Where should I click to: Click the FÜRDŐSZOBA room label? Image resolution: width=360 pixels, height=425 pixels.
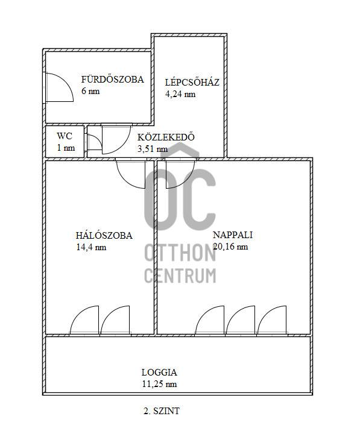pyautogui.click(x=113, y=80)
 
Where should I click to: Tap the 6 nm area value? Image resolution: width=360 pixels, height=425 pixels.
pyautogui.click(x=90, y=91)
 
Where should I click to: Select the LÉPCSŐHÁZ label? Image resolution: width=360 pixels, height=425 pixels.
pyautogui.click(x=192, y=82)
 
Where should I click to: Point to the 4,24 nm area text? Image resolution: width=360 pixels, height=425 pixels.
pyautogui.click(x=180, y=94)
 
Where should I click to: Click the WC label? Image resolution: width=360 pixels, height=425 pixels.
pyautogui.click(x=65, y=136)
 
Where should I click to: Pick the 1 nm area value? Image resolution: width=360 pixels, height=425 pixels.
pyautogui.click(x=66, y=148)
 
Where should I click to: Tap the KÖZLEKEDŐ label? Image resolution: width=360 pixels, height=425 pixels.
pyautogui.click(x=166, y=137)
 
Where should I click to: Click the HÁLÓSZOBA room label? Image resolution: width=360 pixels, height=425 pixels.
pyautogui.click(x=104, y=235)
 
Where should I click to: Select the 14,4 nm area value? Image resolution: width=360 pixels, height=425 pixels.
pyautogui.click(x=91, y=247)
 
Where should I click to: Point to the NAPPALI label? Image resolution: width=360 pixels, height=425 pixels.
pyautogui.click(x=233, y=235)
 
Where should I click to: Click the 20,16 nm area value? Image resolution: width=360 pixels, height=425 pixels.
pyautogui.click(x=230, y=247)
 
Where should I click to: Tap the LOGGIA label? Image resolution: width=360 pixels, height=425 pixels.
pyautogui.click(x=159, y=373)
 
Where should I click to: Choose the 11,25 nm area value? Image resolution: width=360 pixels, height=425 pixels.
pyautogui.click(x=159, y=384)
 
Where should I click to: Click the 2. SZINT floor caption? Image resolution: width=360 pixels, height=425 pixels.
pyautogui.click(x=162, y=411)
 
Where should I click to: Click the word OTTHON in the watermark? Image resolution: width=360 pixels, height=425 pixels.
pyautogui.click(x=180, y=253)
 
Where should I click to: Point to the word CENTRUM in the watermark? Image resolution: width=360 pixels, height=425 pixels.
pyautogui.click(x=180, y=275)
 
